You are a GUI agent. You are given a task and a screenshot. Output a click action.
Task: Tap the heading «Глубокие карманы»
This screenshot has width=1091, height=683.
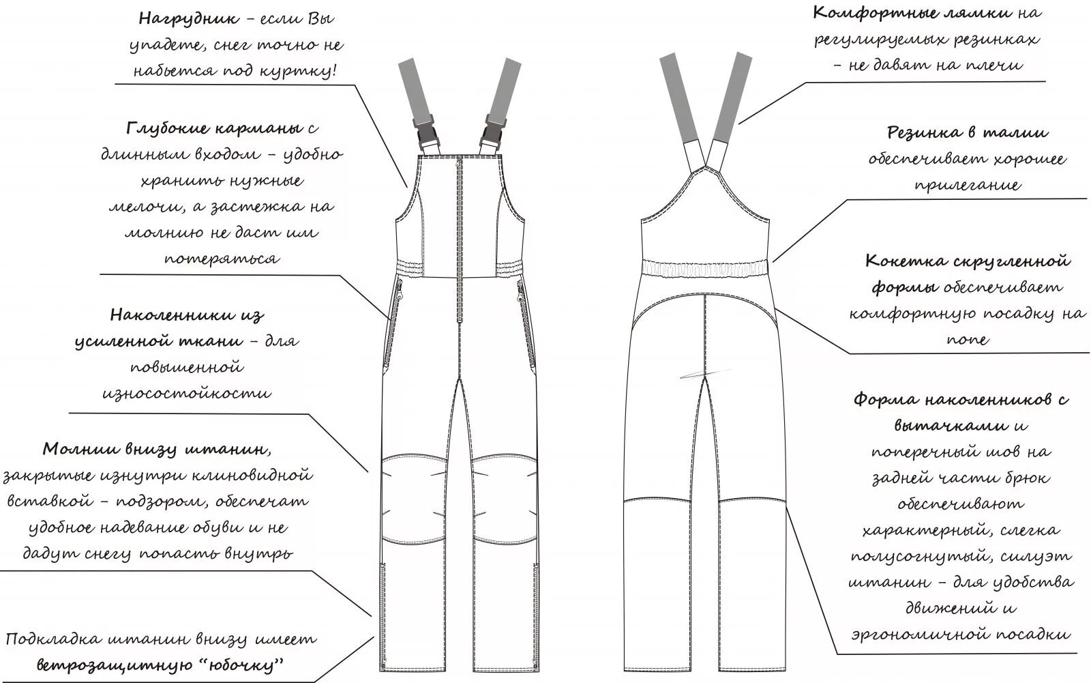[213, 128]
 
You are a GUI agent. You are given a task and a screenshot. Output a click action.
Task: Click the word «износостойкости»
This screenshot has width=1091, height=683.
[187, 393]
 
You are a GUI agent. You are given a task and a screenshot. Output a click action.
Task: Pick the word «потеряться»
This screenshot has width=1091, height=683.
[222, 259]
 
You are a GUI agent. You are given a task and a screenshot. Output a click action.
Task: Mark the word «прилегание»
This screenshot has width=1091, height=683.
[968, 185]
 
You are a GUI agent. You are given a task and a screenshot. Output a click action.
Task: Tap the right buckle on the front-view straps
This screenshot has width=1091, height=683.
[491, 130]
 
